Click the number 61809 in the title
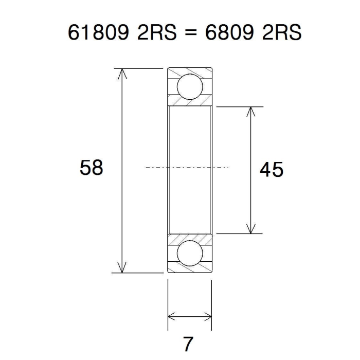tap(98, 32)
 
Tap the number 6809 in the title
tap(229, 32)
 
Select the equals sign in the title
tap(191, 32)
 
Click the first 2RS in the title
tap(157, 32)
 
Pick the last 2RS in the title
tap(282, 32)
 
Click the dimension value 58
tap(92, 168)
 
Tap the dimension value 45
tap(272, 170)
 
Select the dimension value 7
tap(188, 344)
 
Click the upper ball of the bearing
tap(190, 87)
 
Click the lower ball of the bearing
tap(190, 253)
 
